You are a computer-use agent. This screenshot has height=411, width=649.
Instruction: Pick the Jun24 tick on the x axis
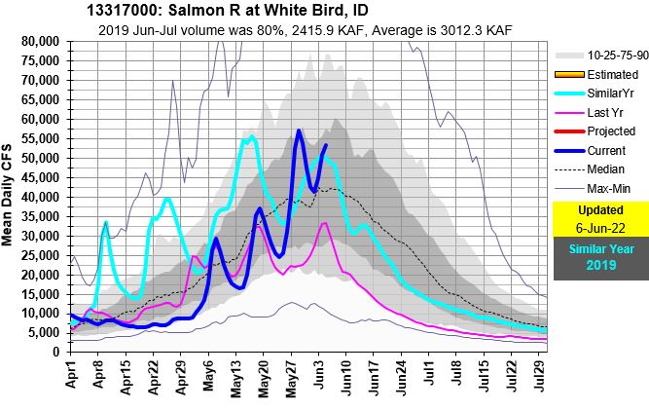[400, 375]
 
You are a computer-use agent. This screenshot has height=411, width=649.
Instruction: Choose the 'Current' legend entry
[601, 150]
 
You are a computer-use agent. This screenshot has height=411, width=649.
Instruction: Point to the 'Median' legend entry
[601, 168]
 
